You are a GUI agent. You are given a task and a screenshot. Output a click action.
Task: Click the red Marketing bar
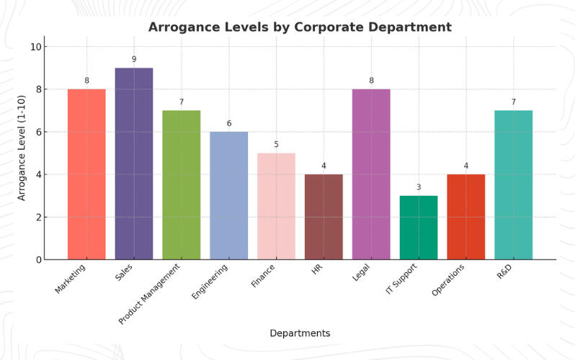click(86, 174)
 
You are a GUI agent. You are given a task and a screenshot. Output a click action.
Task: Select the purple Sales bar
click(134, 163)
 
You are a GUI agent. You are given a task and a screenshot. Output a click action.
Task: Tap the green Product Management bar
click(182, 185)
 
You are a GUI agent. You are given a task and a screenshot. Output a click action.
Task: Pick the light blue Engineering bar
click(229, 196)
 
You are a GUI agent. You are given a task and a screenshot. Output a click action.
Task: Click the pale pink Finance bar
click(276, 206)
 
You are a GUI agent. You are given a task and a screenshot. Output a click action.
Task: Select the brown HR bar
click(324, 217)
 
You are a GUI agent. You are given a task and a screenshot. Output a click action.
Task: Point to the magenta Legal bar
click(371, 174)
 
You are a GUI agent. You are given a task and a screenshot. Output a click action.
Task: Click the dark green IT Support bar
click(419, 228)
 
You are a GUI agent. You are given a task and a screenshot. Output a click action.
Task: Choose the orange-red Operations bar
click(465, 217)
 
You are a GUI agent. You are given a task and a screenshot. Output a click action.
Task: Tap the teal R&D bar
click(513, 185)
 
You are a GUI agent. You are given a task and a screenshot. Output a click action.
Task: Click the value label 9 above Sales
click(134, 60)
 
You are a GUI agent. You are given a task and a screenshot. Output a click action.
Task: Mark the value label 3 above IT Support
click(419, 187)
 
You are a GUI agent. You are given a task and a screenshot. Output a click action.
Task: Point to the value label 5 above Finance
click(276, 145)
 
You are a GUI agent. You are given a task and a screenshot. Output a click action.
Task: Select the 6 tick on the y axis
click(36, 132)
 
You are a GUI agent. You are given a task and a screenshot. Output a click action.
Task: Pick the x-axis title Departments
click(300, 333)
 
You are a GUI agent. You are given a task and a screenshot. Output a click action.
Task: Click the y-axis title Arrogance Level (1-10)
click(22, 148)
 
